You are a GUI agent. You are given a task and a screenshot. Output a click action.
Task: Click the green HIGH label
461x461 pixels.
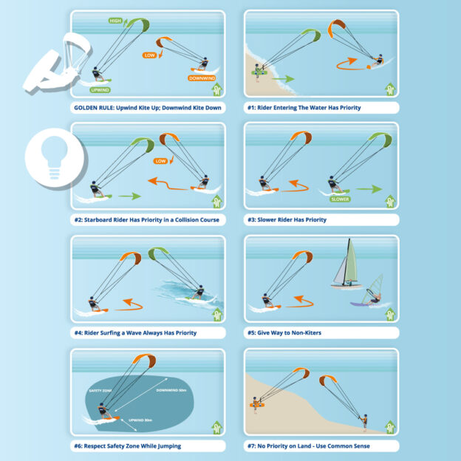click(x=115, y=21)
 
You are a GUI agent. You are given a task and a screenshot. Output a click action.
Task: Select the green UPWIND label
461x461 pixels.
click(x=100, y=90)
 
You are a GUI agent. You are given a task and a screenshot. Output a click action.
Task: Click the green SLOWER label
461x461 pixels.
click(x=340, y=199)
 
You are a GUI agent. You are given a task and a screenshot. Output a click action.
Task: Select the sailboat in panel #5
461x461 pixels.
click(x=347, y=266)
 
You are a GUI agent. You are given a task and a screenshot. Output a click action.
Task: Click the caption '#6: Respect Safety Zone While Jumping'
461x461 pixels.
click(x=128, y=445)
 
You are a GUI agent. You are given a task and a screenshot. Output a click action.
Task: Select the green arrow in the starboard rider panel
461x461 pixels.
click(x=129, y=197)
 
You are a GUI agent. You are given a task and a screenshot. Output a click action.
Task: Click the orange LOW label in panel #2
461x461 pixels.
click(x=160, y=160)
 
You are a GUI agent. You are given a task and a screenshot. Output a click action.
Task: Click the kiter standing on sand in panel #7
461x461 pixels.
click(x=363, y=423)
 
